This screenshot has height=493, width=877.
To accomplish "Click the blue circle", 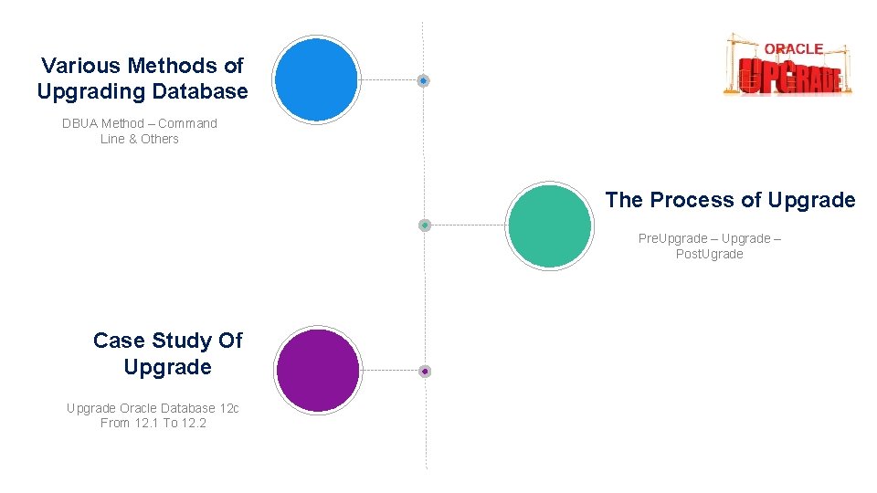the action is [x=316, y=79].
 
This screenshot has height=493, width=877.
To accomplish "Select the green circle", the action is [x=549, y=226].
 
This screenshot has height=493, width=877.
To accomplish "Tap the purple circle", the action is [x=318, y=371].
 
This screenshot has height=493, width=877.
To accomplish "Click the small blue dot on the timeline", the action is [x=423, y=81].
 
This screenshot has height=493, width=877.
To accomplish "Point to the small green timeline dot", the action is [x=425, y=225].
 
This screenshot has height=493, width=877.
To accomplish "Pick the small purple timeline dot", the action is [x=425, y=372].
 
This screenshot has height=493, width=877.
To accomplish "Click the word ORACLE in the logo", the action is [x=793, y=48].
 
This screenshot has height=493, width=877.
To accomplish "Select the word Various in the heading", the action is [x=80, y=66].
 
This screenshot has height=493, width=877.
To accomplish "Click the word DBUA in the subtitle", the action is [x=79, y=123].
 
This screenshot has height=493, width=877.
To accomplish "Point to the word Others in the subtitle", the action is [x=160, y=139].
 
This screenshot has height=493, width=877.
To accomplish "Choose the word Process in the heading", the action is [x=694, y=200].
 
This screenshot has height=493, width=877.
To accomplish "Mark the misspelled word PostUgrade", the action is [x=709, y=254].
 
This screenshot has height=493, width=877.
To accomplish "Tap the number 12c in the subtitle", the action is [x=229, y=408].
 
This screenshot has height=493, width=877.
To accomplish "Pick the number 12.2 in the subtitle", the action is [x=195, y=423].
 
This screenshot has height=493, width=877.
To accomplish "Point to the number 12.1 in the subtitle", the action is [x=146, y=423].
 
